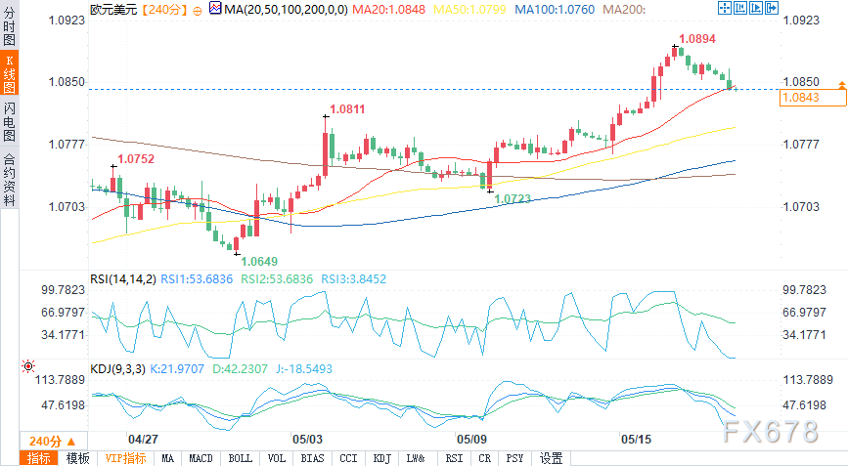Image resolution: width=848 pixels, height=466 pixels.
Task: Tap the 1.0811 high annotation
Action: (347, 109)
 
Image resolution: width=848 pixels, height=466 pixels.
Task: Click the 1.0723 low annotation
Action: (513, 198)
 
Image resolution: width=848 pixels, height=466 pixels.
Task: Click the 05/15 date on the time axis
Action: (634, 440)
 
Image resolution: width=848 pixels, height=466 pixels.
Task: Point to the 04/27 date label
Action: (143, 440)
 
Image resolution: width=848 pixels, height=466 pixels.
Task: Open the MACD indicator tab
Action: (201, 458)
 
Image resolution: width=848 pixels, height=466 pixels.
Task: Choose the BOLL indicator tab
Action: (240, 458)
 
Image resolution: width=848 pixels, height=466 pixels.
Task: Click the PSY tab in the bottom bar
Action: (514, 458)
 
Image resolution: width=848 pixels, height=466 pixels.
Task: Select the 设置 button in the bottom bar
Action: (552, 458)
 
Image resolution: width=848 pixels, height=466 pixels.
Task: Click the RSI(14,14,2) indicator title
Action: (122, 278)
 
